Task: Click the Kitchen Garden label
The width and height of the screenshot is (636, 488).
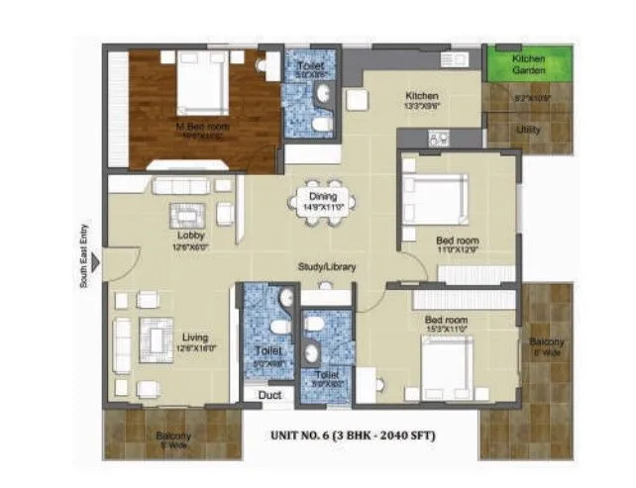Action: [528, 64]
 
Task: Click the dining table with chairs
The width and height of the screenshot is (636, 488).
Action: [318, 199]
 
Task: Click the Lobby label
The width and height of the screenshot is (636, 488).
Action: [190, 236]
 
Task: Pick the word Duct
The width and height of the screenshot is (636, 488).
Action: [269, 395]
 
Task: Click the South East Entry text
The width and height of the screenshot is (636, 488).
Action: [85, 254]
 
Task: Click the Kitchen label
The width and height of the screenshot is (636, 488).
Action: [421, 96]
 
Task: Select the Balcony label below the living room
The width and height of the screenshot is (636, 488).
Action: [172, 436]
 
